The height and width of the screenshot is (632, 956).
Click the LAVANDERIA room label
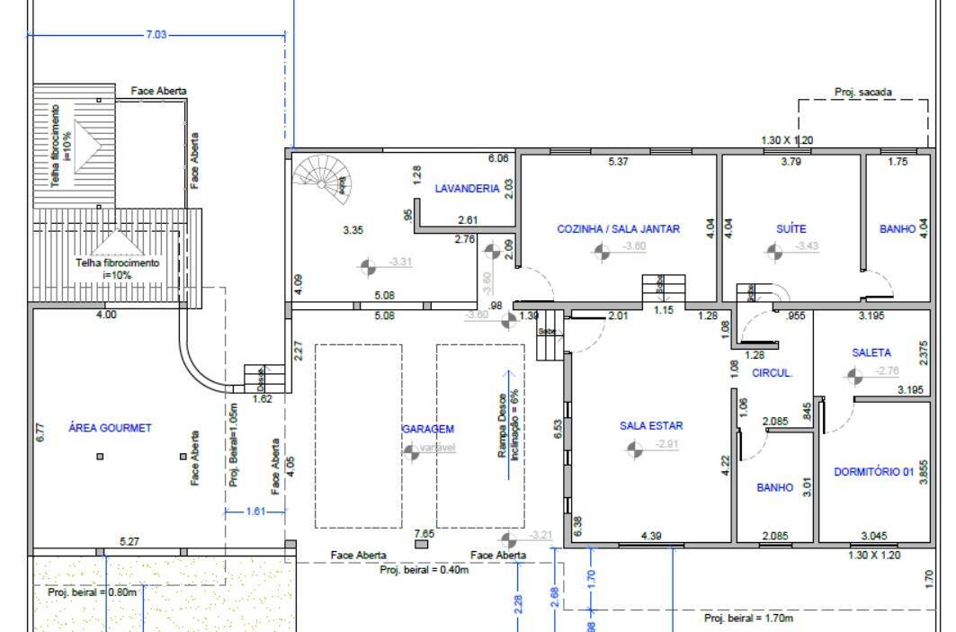pos(466,189)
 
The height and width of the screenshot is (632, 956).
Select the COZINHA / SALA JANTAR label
pos(618,229)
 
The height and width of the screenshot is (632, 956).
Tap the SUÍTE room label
pos(791,229)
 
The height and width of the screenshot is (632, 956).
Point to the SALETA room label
pos(871,353)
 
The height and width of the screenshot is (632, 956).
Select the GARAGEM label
pos(427,430)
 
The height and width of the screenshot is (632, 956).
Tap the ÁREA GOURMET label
pos(110,428)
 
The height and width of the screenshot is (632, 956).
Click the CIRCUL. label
pos(772,373)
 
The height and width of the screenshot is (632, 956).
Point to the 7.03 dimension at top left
pos(156,35)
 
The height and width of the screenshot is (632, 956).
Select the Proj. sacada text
pos(863,92)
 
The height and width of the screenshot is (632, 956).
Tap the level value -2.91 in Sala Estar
pos(667,444)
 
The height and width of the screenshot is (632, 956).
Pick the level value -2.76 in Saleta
pos(887,370)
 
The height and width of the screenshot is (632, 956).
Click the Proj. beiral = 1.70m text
pos(748,619)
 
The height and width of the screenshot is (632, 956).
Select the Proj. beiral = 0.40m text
pos(424,570)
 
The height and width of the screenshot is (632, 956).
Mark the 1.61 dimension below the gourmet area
pos(255,512)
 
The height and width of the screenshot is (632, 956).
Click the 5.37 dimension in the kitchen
pos(618,162)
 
